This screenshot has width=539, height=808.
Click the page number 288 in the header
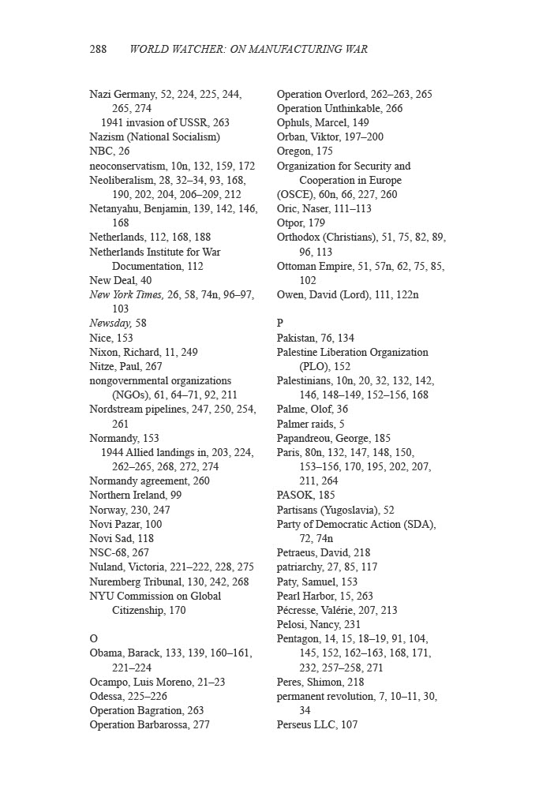98,49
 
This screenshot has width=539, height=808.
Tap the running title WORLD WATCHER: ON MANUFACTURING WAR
248,49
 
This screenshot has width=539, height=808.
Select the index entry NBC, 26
110,151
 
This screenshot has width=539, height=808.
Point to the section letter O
94,639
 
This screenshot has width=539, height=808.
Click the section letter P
280,324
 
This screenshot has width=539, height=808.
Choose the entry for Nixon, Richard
144,352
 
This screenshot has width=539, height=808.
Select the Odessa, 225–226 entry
128,696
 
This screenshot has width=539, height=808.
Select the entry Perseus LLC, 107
316,725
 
